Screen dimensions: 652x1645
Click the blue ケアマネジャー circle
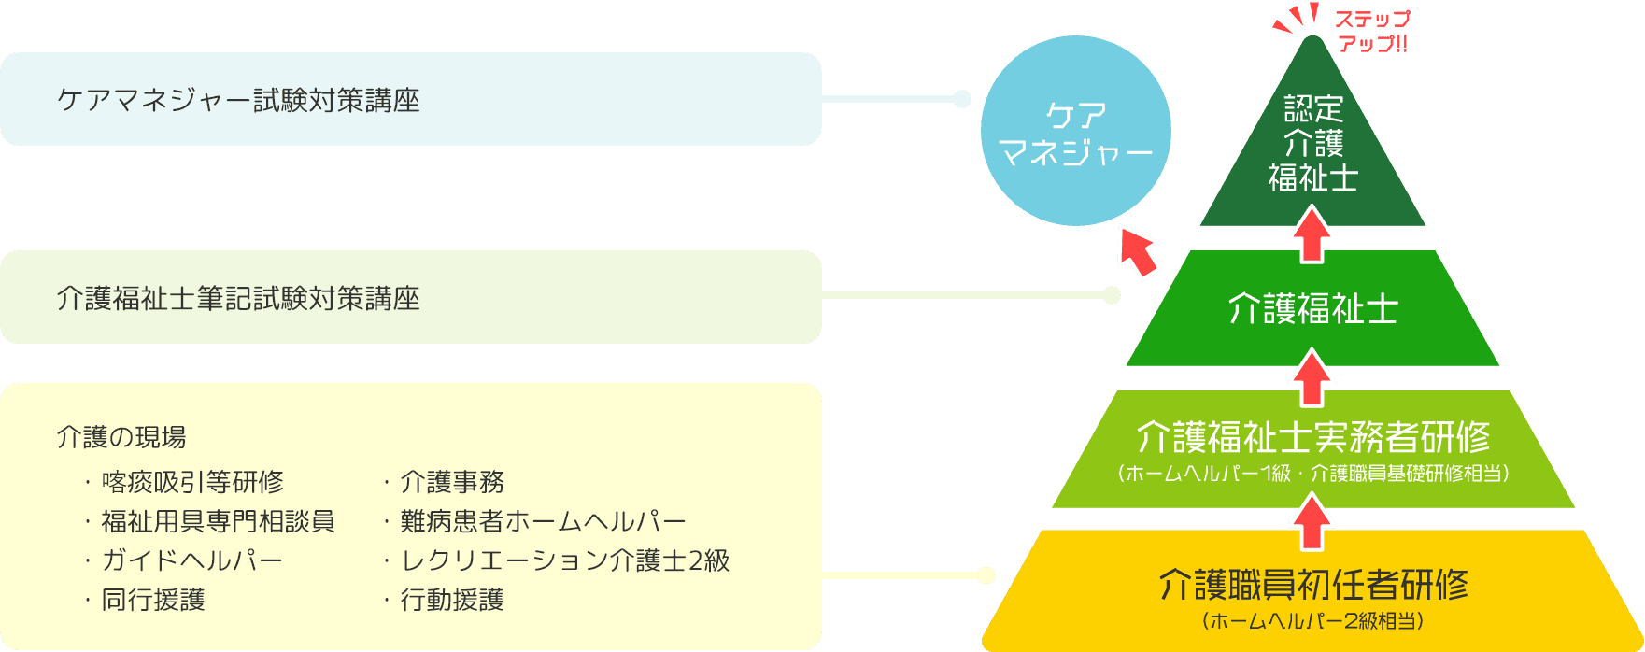(1075, 131)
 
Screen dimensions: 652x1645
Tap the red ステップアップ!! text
(1371, 31)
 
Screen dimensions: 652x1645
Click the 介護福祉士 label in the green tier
(1312, 308)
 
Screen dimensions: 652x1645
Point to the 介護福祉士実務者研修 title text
(1312, 436)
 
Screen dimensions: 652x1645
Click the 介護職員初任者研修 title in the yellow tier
(1312, 585)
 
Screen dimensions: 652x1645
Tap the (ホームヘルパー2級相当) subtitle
(1312, 621)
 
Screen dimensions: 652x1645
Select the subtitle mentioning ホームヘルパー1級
(1312, 473)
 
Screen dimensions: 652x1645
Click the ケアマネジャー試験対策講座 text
(238, 100)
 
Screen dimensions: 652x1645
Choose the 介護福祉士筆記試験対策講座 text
(238, 298)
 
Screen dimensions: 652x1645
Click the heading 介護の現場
(121, 436)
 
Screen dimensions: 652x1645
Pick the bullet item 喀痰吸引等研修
(191, 482)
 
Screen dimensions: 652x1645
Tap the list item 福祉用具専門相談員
(217, 521)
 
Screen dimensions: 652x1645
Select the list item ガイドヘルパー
(191, 560)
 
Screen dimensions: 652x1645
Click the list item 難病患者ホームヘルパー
(543, 521)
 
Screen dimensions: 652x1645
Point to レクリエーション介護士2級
(564, 560)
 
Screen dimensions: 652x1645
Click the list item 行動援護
(451, 600)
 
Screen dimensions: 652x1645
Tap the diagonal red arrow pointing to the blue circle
(1137, 250)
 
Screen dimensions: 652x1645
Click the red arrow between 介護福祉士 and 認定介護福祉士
(1312, 234)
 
